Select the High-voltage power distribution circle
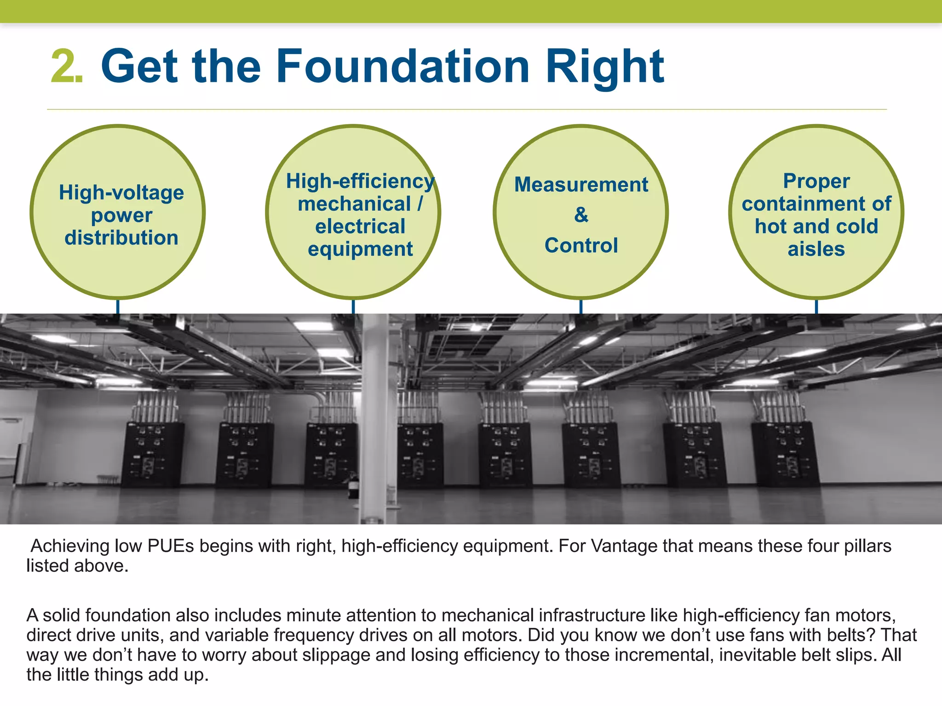pyautogui.click(x=118, y=212)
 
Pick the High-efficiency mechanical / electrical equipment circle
pyautogui.click(x=353, y=212)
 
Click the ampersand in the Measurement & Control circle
pyautogui.click(x=581, y=215)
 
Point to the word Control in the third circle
pyautogui.click(x=581, y=245)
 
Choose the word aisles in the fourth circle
pyautogui.click(x=816, y=249)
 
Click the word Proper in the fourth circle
pyautogui.click(x=816, y=181)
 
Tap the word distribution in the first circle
pyautogui.click(x=121, y=238)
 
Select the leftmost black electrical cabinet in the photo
pyautogui.click(x=152, y=455)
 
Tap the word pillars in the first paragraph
pyautogui.click(x=867, y=546)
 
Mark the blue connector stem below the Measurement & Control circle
pyautogui.click(x=581, y=306)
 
